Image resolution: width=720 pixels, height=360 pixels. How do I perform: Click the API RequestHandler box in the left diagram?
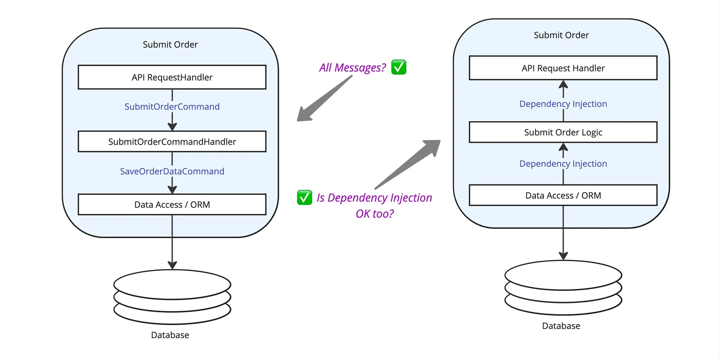click(x=172, y=77)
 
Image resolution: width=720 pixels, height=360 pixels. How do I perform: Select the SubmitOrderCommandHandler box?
click(x=172, y=142)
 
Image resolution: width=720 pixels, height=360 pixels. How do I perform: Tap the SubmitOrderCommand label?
click(x=172, y=107)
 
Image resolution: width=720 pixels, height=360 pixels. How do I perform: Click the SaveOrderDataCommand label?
click(x=172, y=171)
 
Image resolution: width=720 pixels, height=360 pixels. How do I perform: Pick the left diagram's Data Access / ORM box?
click(x=172, y=205)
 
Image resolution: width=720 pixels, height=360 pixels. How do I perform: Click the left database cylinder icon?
click(x=172, y=297)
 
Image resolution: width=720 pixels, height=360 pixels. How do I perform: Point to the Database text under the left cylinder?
click(x=170, y=335)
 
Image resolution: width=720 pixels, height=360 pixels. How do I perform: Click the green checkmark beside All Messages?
click(x=399, y=67)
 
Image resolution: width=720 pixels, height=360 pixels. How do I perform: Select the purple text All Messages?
click(x=352, y=67)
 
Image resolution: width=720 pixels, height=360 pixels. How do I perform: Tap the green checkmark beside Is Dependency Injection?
click(x=305, y=197)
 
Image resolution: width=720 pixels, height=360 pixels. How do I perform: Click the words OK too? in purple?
click(x=374, y=214)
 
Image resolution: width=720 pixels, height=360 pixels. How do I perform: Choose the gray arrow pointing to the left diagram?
click(x=324, y=99)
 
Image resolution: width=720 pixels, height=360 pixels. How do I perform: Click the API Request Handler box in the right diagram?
click(x=563, y=68)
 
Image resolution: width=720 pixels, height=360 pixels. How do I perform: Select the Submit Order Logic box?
click(x=563, y=132)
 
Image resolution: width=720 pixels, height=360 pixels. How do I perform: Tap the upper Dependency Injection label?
click(x=563, y=104)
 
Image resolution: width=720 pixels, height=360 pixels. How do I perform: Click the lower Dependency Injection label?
click(x=563, y=164)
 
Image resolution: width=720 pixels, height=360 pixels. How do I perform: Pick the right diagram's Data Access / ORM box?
click(x=563, y=196)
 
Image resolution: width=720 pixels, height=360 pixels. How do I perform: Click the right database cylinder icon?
click(x=563, y=288)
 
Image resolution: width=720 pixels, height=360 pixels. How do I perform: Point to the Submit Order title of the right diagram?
click(x=561, y=35)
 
